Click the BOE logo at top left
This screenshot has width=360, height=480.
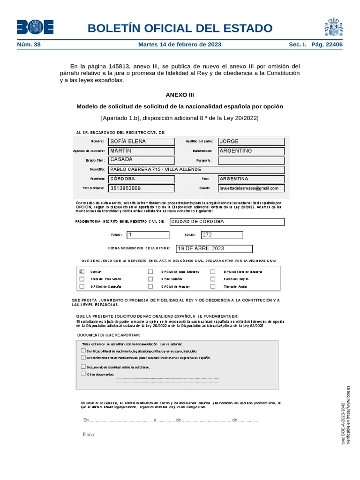click(35, 27)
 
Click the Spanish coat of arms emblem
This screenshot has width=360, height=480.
click(333, 27)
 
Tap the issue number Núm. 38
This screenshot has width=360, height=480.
click(29, 45)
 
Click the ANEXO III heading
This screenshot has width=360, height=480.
click(180, 94)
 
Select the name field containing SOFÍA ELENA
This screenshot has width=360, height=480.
click(142, 142)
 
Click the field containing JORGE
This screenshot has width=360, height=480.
click(251, 142)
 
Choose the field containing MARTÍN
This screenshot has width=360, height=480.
click(142, 151)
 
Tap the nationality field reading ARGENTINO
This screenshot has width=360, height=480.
click(251, 151)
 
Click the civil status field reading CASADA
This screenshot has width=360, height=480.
click(142, 160)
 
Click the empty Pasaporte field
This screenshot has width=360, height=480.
click(251, 160)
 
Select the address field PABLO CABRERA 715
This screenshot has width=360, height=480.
click(196, 170)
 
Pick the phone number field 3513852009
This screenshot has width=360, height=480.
click(142, 188)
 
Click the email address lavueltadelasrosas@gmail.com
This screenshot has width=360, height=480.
click(251, 188)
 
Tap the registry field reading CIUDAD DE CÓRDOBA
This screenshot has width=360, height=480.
click(227, 222)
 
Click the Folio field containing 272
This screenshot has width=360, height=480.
click(222, 235)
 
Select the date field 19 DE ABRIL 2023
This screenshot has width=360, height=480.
click(214, 249)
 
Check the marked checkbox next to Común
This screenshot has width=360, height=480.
click(82, 271)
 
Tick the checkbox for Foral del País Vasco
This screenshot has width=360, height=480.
click(82, 278)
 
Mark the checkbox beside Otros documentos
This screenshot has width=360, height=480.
click(83, 374)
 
